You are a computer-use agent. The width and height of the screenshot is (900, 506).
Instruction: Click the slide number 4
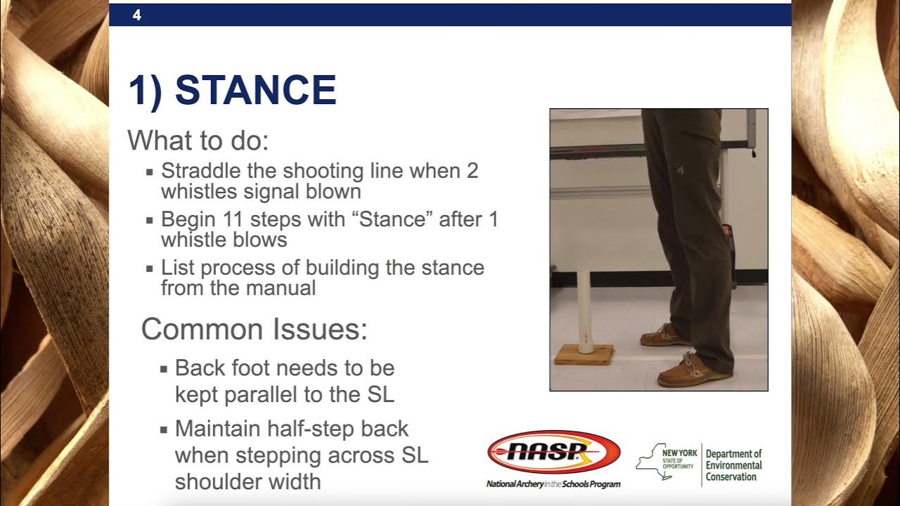pos(136,15)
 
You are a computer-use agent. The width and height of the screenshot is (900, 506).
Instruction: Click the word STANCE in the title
pos(255,91)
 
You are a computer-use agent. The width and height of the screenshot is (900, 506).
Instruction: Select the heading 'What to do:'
pos(198,141)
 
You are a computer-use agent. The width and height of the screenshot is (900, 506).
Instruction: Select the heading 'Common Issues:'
pos(255,329)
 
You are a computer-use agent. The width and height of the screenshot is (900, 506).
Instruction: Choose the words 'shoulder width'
pos(247,481)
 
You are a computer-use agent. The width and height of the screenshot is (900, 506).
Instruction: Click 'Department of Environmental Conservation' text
pos(733,465)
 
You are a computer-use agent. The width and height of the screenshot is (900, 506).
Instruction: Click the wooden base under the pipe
pos(583,354)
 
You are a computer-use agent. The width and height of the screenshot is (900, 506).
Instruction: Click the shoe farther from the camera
pos(664,335)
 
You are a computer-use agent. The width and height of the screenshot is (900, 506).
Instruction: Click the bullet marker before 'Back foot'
pos(163,368)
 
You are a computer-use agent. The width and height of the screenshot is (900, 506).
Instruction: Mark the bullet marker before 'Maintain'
pos(163,429)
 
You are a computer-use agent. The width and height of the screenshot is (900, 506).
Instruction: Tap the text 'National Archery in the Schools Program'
pos(553,484)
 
